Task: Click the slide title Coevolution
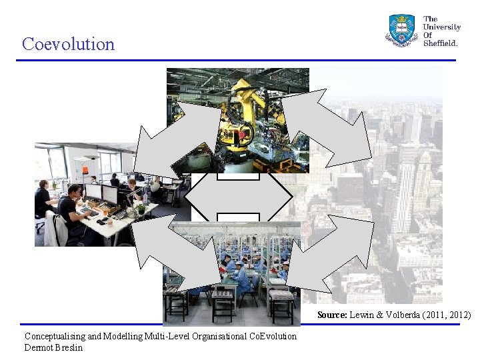pos(68,44)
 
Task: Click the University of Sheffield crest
pos(401,30)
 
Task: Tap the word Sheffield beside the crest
pos(441,43)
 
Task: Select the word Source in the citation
pos(331,315)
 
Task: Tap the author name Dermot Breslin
pos(54,347)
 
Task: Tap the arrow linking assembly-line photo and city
pos(329,253)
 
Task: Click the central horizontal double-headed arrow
pos(238,197)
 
